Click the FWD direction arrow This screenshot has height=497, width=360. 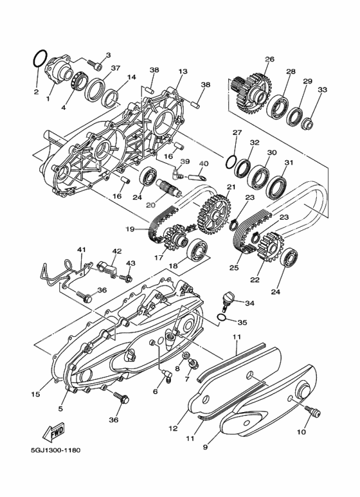pyautogui.click(x=54, y=432)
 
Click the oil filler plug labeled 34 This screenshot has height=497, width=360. pyautogui.click(x=227, y=300)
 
